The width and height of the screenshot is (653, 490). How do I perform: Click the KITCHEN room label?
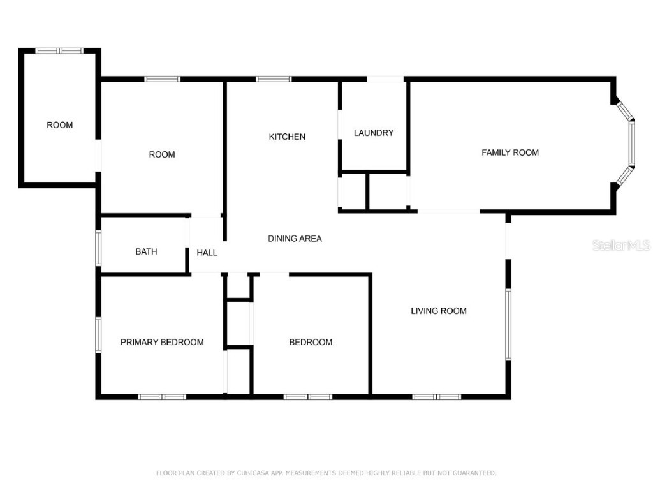tap(287, 137)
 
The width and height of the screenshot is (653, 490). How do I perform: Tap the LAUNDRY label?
tap(374, 133)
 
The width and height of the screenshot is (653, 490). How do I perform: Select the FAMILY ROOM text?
tap(510, 152)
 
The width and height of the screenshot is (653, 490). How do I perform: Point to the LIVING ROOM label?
tap(438, 311)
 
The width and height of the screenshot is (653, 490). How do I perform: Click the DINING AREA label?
tap(295, 239)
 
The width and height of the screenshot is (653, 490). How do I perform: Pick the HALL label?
tap(207, 253)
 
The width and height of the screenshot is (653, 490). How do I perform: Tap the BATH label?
tap(146, 251)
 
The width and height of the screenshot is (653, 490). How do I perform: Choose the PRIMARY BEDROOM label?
tap(162, 342)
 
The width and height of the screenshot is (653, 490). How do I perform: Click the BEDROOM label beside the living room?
tap(311, 342)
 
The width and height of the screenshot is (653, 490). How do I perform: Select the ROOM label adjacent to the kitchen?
tap(162, 154)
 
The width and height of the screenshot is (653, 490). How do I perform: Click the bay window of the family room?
tap(631, 144)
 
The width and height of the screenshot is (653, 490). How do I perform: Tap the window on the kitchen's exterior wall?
tap(274, 79)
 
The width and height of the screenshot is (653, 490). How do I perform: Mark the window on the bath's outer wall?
tap(98, 248)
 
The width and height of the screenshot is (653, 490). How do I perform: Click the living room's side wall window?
tap(508, 324)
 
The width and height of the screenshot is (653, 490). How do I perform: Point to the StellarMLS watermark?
tap(620, 245)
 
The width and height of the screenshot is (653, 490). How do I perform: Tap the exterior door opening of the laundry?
tap(385, 79)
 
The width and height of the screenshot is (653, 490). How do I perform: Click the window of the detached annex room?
tap(59, 50)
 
